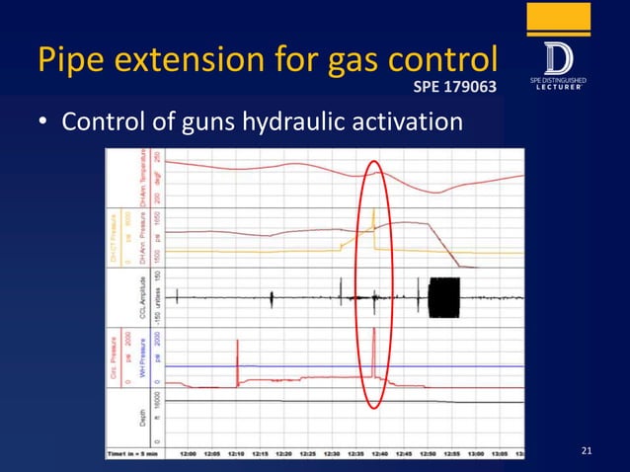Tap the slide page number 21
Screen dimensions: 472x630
[587, 451]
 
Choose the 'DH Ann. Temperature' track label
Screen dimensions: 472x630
[142, 178]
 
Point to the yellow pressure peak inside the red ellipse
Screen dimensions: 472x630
[373, 212]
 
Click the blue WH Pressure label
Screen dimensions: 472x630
[142, 361]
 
